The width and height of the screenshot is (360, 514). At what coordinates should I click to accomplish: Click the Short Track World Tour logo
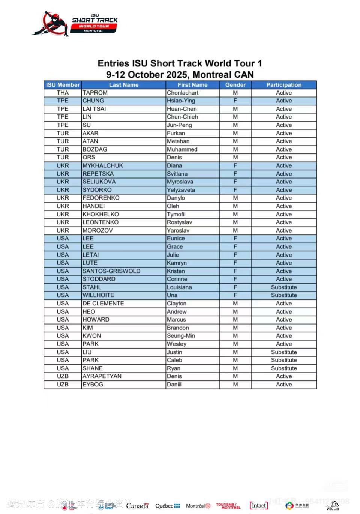point(75,24)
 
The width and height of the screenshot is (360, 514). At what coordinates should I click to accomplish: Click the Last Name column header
point(123,85)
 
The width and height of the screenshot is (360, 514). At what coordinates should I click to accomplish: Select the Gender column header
point(235,85)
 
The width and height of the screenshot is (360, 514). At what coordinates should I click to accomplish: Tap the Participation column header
point(283,85)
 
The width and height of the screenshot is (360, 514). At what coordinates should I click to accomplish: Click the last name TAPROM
point(95,93)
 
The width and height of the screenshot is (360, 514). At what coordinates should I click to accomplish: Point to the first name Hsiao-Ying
point(181,101)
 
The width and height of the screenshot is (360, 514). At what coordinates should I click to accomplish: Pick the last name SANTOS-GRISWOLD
point(111,271)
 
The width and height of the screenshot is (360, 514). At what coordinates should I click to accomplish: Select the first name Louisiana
point(179,287)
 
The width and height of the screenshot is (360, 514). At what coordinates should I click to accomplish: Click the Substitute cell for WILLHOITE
point(283,295)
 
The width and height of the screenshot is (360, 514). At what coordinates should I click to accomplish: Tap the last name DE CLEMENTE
point(103,303)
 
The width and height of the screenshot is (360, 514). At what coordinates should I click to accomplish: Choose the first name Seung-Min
point(181,336)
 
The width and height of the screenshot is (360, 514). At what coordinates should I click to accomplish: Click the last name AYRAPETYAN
point(102,376)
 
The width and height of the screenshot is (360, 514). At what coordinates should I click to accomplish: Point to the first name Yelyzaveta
point(181,190)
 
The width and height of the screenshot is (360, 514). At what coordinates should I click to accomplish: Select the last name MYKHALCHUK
point(102,165)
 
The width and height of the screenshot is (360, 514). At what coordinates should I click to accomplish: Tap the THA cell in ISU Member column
point(63,93)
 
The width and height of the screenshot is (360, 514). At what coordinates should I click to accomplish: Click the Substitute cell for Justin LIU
point(283,352)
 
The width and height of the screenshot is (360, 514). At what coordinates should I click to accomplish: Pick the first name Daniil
point(174,384)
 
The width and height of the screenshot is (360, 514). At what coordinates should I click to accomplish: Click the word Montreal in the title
point(212,74)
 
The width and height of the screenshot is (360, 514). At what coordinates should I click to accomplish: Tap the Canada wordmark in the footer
point(137,506)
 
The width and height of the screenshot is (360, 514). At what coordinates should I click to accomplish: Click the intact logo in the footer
point(259,505)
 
